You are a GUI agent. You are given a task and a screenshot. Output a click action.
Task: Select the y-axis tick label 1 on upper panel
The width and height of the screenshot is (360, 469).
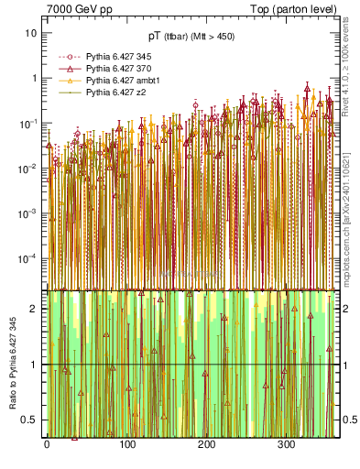(34, 78)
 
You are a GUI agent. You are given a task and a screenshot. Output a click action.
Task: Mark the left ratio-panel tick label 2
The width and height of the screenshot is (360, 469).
(34, 309)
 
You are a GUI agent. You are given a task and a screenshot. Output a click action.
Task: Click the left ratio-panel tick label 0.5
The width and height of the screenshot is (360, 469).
(29, 420)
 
